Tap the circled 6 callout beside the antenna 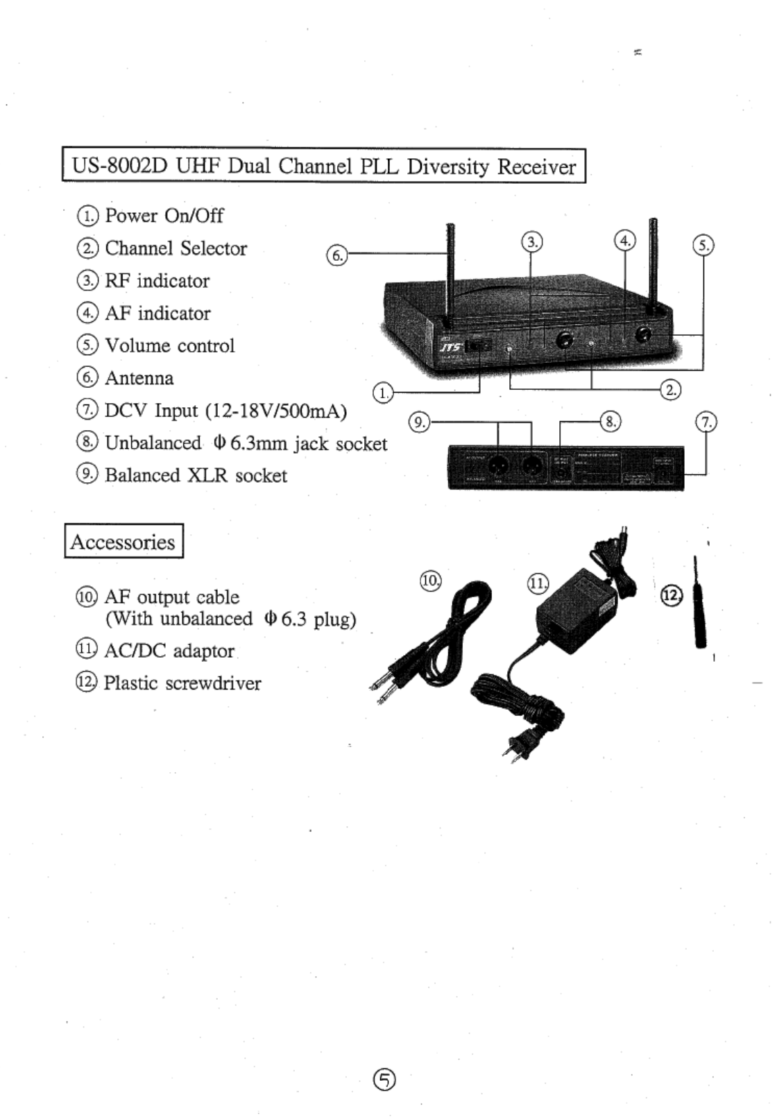pos(336,255)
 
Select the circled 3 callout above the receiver pos(531,241)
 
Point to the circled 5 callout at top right pos(703,245)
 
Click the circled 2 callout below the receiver pos(671,389)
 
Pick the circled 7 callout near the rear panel pos(706,422)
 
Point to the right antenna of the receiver pos(652,264)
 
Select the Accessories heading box pos(123,541)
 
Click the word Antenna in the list pos(139,378)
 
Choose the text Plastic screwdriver pos(182,683)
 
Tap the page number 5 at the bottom pos(385,1079)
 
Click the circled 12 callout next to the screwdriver pos(671,595)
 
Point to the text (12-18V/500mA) pos(275,411)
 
